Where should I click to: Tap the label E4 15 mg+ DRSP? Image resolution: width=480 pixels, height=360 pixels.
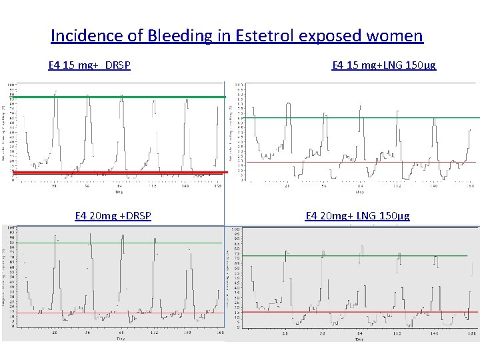[89, 65]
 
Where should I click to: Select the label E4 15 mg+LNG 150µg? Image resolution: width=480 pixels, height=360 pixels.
[383, 65]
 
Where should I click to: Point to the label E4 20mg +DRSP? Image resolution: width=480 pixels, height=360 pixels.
[113, 215]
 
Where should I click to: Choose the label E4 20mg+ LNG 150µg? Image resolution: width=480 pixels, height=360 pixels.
[357, 215]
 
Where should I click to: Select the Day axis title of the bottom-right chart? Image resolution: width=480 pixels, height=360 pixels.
[359, 339]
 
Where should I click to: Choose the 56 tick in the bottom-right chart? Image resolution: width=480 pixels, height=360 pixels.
[322, 332]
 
